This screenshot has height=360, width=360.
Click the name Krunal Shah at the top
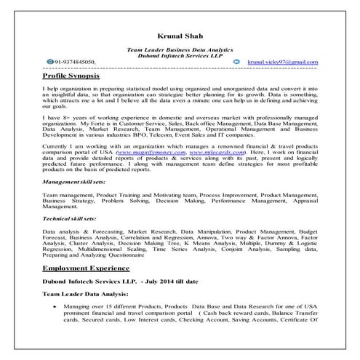click(x=179, y=35)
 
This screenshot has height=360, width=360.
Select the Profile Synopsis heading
click(x=76, y=76)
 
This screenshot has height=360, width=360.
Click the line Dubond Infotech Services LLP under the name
click(x=179, y=55)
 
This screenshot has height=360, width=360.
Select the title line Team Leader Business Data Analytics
click(x=179, y=48)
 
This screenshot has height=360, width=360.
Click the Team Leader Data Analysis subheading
click(x=86, y=294)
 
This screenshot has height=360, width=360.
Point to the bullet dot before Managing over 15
click(x=55, y=308)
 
